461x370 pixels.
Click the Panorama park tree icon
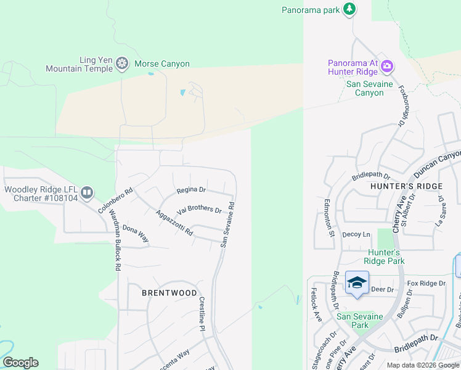pos(350,9)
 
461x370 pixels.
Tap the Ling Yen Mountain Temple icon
pos(123,63)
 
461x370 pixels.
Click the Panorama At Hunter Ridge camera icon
pos(388,66)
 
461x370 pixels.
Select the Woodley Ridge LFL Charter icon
pos(87,193)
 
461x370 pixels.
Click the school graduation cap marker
pos(357,282)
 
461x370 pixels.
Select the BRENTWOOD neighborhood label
pos(169,293)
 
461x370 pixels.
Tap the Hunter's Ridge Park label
pos(385,257)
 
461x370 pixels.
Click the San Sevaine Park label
pos(361,321)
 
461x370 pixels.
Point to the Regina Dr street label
pos(191,190)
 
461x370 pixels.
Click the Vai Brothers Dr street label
pos(199,210)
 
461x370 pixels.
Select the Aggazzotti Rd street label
pos(175,223)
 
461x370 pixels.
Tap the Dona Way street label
pos(136,234)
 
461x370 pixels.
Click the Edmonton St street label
pos(330,218)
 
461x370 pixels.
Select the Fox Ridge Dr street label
pos(426,283)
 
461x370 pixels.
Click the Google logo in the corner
pos(20,363)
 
